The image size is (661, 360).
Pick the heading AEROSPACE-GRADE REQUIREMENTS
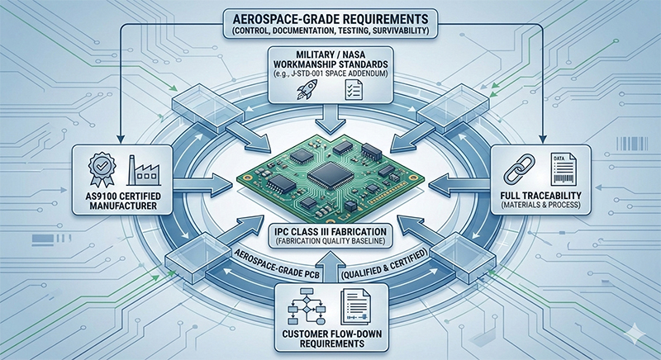(x=330, y=17)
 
